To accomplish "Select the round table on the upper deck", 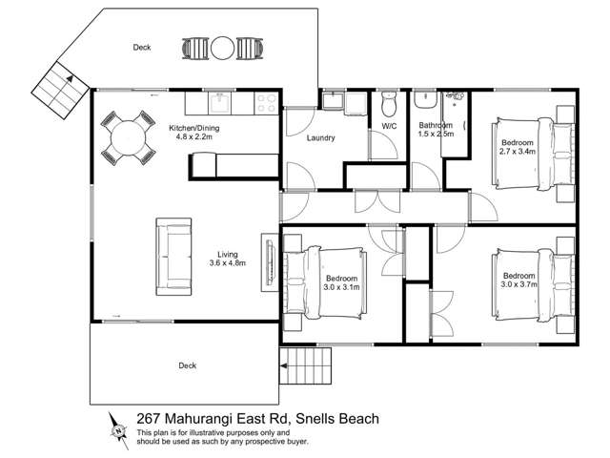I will (222, 48).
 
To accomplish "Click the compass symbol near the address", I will (118, 428).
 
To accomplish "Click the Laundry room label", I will (320, 138).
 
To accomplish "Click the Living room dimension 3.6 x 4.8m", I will (227, 265).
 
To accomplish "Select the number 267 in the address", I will (149, 417).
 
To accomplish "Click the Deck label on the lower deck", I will (187, 364).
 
